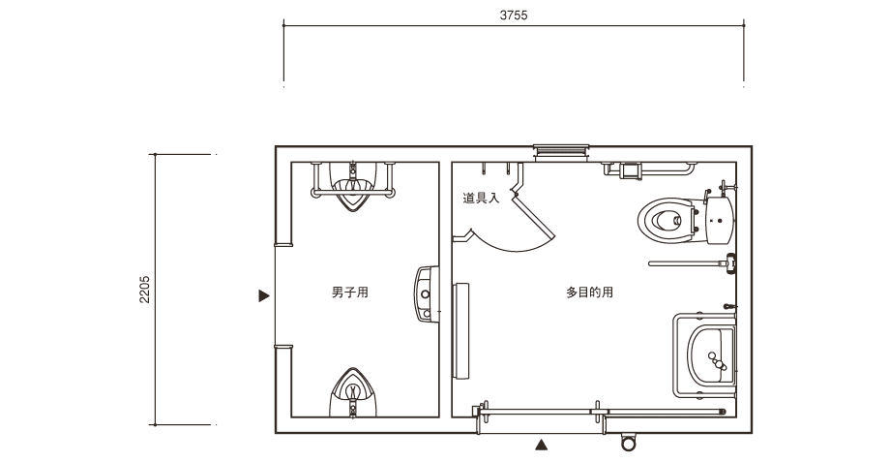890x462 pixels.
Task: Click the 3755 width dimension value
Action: (514, 15)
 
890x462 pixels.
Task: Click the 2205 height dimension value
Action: (145, 290)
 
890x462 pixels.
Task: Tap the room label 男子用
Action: (349, 293)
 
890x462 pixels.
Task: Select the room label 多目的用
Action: (589, 293)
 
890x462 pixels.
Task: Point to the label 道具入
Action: (481, 198)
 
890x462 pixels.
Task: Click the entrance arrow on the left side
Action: (264, 295)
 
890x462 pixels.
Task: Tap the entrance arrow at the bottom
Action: (542, 445)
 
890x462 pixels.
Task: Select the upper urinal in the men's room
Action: (353, 186)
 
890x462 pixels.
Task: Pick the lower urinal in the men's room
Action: (353, 392)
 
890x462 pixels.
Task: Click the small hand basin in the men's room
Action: (427, 293)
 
